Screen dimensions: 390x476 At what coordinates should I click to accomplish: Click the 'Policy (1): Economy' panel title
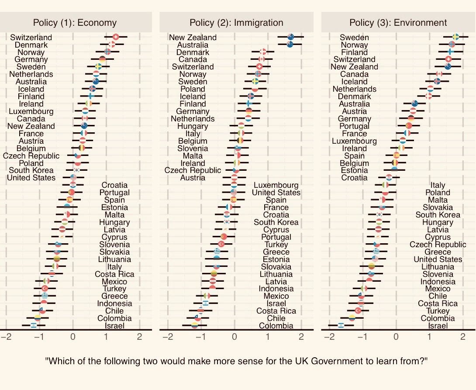tap(75, 23)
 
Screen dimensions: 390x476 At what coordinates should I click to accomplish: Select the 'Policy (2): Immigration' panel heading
tap(236, 23)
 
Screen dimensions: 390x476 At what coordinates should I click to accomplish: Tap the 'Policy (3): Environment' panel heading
tap(398, 23)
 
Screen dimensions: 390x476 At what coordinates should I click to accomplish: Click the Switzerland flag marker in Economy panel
tap(115, 37)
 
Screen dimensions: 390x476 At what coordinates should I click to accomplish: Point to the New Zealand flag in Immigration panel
tap(290, 37)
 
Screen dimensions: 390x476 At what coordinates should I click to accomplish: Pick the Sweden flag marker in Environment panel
tap(455, 37)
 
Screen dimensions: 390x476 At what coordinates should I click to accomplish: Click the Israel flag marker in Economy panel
tap(34, 325)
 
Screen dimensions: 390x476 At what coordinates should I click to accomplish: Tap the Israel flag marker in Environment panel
tap(341, 325)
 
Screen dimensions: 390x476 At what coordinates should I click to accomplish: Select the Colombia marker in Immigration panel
tap(194, 325)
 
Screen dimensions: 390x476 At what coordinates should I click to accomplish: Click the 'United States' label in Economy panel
tap(31, 178)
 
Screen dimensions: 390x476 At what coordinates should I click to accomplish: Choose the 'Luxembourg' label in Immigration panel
tap(276, 185)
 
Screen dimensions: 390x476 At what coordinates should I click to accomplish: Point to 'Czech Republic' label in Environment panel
tap(438, 245)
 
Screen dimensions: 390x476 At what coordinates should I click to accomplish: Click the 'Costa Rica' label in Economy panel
tap(114, 274)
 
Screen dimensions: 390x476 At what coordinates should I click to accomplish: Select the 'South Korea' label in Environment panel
tap(438, 215)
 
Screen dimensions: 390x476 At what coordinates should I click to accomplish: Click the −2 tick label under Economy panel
tap(6, 337)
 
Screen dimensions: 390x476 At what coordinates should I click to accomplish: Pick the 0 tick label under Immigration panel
tap(235, 337)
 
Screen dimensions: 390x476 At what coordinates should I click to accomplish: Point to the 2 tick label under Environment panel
tap(462, 337)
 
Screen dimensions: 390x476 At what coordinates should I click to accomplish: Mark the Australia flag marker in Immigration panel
tap(290, 45)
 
